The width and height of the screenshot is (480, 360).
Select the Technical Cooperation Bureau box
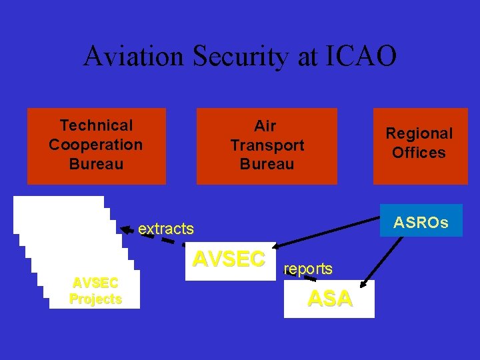(96, 145)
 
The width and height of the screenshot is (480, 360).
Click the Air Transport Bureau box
(267, 145)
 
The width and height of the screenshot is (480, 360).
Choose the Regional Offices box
(420, 145)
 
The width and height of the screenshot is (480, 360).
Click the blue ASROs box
(421, 221)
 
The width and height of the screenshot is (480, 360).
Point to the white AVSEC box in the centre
(229, 260)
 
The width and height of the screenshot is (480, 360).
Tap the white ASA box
(329, 299)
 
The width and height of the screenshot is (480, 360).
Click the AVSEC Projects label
(95, 290)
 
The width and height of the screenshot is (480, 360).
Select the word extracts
(166, 229)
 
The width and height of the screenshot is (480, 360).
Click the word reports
(308, 269)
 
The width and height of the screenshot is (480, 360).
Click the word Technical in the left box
(96, 125)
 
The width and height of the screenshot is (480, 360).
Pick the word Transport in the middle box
(267, 145)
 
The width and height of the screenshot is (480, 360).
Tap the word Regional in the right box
(419, 133)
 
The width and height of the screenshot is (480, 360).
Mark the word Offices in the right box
(419, 153)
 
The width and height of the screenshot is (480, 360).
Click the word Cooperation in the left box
(96, 145)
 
